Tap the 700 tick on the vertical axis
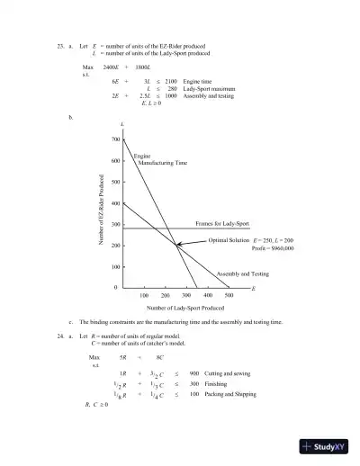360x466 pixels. (x=115, y=139)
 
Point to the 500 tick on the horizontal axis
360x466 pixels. (x=229, y=294)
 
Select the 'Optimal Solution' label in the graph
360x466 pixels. (x=229, y=241)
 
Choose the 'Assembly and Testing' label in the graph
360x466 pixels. (x=242, y=273)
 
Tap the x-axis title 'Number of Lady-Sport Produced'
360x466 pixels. (x=176, y=308)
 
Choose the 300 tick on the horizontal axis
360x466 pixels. (x=186, y=294)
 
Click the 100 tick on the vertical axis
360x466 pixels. (x=115, y=266)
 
